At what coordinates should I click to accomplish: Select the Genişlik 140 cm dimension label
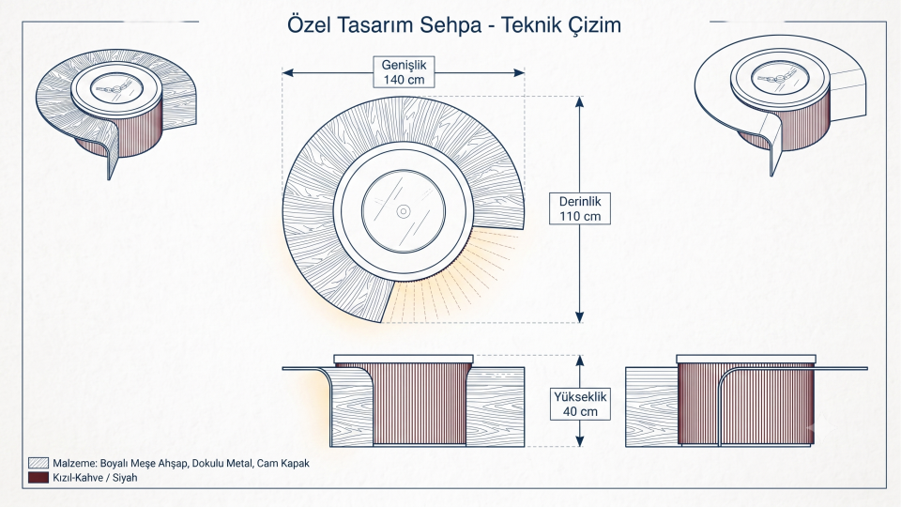(404, 72)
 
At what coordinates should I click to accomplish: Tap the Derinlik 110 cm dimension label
(580, 208)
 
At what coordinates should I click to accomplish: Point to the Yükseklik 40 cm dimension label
(580, 404)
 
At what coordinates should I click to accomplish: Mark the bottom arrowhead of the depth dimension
(580, 316)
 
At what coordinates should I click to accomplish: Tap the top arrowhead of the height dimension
(580, 361)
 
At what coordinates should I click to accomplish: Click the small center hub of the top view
(404, 211)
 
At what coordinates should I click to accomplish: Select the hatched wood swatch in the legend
(38, 463)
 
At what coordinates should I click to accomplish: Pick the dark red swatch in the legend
(38, 477)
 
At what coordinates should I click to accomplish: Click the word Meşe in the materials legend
(143, 463)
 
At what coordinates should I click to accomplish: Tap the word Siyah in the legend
(125, 478)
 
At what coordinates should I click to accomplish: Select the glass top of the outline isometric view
(780, 78)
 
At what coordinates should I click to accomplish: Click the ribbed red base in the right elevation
(746, 404)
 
